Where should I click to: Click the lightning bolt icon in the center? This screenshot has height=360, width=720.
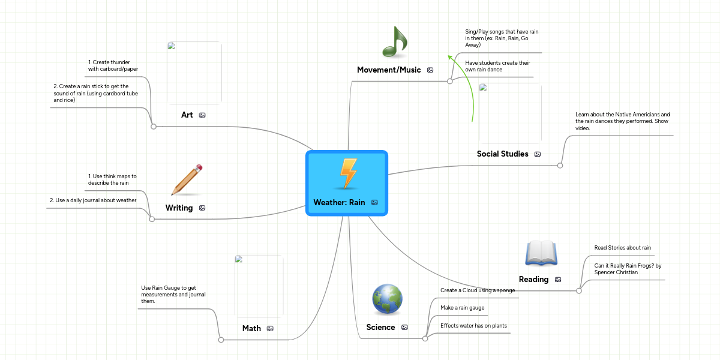pyautogui.click(x=348, y=174)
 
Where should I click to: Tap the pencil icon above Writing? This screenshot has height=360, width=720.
pyautogui.click(x=187, y=180)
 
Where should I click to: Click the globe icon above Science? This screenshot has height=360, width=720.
pyautogui.click(x=387, y=299)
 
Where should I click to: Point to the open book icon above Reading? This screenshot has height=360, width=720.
pyautogui.click(x=541, y=253)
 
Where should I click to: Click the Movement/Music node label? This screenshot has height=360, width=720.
pyautogui.click(x=389, y=70)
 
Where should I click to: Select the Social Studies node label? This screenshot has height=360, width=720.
pyautogui.click(x=502, y=154)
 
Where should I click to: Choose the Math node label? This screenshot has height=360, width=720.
pyautogui.click(x=251, y=328)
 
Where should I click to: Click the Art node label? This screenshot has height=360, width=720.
pyautogui.click(x=187, y=115)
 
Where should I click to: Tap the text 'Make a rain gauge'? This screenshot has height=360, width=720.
pyautogui.click(x=462, y=308)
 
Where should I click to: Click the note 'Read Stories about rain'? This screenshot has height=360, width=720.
pyautogui.click(x=622, y=248)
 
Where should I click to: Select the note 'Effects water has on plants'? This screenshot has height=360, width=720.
pyautogui.click(x=473, y=326)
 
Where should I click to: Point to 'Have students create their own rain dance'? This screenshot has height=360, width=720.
pyautogui.click(x=497, y=66)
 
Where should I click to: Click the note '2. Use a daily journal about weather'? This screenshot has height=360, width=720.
pyautogui.click(x=92, y=200)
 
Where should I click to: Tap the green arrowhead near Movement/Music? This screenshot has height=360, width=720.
pyautogui.click(x=449, y=57)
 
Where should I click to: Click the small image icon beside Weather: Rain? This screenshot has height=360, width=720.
pyautogui.click(x=374, y=203)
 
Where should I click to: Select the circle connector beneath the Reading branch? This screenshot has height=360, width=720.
pyautogui.click(x=579, y=290)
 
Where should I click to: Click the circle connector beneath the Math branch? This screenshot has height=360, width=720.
pyautogui.click(x=221, y=340)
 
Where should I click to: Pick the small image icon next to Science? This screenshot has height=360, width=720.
pyautogui.click(x=404, y=328)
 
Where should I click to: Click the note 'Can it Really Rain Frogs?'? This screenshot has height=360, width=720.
pyautogui.click(x=627, y=268)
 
